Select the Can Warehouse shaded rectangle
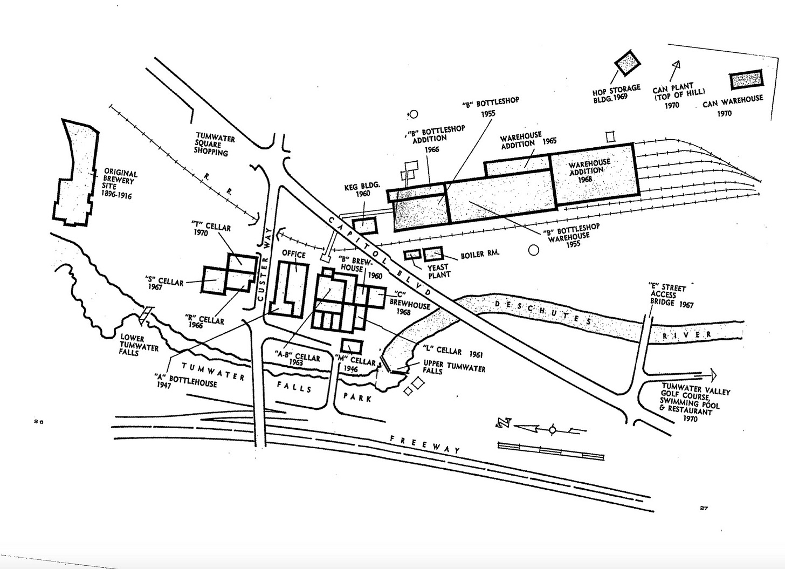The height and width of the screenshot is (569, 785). click(x=746, y=80)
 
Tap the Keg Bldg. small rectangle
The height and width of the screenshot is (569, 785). click(x=365, y=225)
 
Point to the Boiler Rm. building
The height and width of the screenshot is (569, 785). click(x=433, y=253)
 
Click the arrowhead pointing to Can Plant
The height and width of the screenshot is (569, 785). click(x=676, y=65)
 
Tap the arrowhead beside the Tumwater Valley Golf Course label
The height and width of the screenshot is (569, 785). click(x=713, y=374)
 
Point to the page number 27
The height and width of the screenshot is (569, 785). click(x=704, y=508)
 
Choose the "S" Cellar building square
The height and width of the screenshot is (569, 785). click(x=215, y=279)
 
